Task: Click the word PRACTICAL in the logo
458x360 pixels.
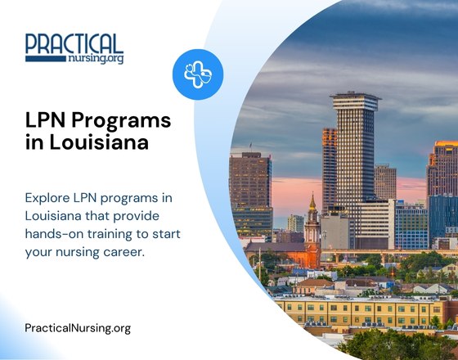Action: (x=74, y=44)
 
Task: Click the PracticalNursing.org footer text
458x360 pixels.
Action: (x=78, y=328)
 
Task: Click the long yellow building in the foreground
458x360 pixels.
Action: (x=360, y=313)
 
